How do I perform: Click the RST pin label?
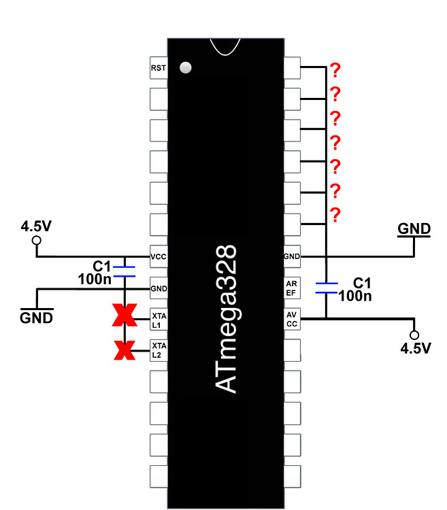[158, 68]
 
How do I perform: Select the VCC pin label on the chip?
[158, 257]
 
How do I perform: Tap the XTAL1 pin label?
[158, 320]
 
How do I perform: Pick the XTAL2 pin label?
[158, 350]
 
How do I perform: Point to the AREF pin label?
[292, 288]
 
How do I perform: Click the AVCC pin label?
[292, 320]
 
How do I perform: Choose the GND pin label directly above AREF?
[292, 257]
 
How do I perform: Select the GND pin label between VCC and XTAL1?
[158, 288]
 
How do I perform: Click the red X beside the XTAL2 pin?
[124, 350]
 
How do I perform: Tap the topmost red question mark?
[335, 69]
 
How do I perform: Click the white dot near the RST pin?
[185, 68]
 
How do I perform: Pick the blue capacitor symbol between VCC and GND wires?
[124, 272]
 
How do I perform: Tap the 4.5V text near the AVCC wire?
[415, 349]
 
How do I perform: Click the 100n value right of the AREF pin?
[354, 296]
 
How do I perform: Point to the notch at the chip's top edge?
[225, 46]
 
